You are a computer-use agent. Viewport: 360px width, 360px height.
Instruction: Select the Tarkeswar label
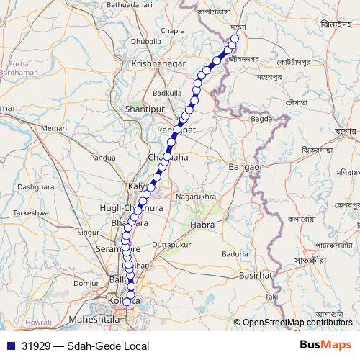coord(34,213)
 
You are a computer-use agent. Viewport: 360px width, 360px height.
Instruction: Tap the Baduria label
coord(235,253)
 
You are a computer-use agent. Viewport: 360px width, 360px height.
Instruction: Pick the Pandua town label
coord(102,157)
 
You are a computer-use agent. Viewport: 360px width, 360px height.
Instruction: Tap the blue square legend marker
coord(10,346)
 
